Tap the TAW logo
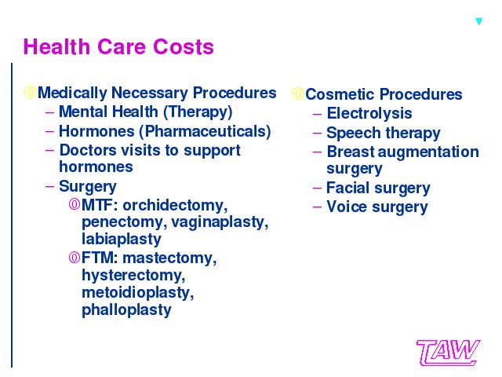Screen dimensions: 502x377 (x=448, y=353)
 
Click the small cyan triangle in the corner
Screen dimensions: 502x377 (x=478, y=21)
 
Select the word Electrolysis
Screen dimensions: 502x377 (x=369, y=113)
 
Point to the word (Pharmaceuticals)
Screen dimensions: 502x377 (x=205, y=131)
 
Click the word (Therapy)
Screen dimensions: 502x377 (x=198, y=112)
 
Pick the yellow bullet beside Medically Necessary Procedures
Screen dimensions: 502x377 (x=30, y=93)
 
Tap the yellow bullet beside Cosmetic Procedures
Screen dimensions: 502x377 (x=298, y=93)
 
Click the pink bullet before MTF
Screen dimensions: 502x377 (x=75, y=204)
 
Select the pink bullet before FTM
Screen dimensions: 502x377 (x=75, y=258)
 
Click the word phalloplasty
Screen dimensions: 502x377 (x=126, y=310)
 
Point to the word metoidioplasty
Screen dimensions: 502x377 (x=138, y=293)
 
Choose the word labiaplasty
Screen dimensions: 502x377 (x=122, y=239)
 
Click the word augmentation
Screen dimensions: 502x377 (x=428, y=152)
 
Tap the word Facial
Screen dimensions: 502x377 (x=347, y=188)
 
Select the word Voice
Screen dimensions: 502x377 (x=347, y=207)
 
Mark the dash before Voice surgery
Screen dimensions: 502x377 (x=317, y=207)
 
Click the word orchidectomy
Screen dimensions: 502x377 (x=175, y=206)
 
